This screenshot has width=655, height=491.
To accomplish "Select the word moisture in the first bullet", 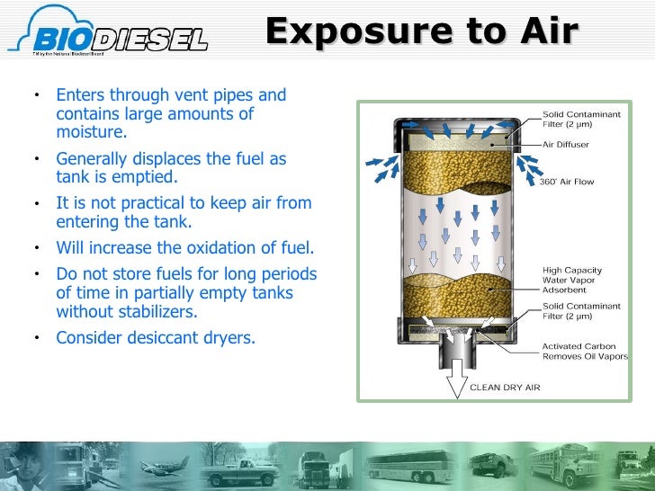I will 91,132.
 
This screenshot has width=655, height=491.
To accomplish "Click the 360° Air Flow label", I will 567,182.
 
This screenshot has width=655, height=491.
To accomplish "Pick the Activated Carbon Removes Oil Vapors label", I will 581,351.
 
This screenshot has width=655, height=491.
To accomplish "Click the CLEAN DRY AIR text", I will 506,388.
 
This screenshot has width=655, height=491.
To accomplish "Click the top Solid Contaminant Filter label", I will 580,120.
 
